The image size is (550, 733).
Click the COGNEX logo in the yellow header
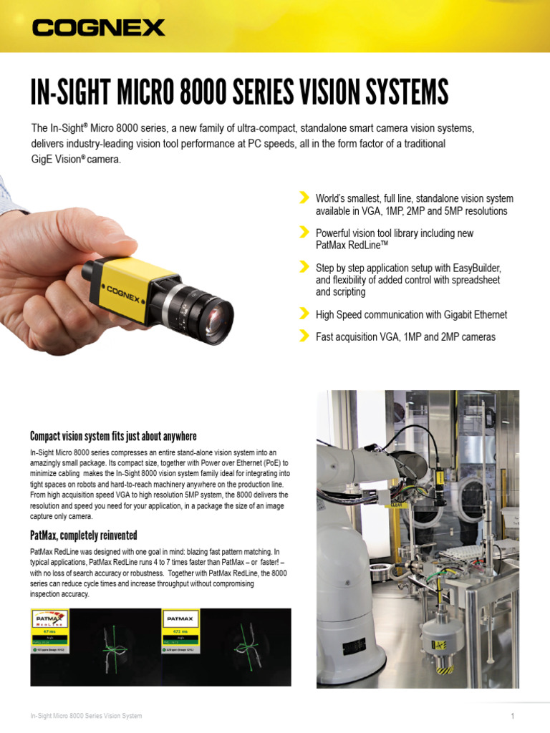98,28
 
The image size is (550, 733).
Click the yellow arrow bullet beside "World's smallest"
304,198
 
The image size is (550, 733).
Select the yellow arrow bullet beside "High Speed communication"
304,314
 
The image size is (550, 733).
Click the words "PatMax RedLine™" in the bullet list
352,246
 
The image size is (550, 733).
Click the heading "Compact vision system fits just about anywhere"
113,437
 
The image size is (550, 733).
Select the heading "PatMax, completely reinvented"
83,535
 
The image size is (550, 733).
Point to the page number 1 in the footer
513,716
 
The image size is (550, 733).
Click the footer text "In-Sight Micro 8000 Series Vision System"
86,716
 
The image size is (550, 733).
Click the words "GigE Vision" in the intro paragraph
57,160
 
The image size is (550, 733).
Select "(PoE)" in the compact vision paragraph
258,463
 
